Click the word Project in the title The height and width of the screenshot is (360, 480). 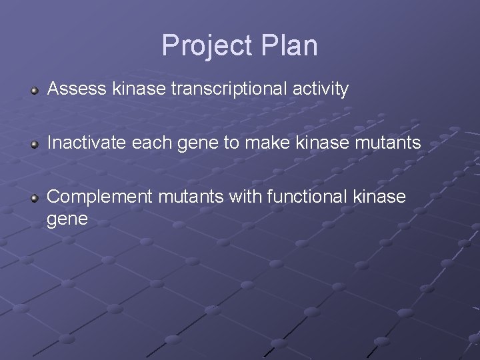[x=205, y=45]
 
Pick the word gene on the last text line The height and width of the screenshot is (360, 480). [x=68, y=219]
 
